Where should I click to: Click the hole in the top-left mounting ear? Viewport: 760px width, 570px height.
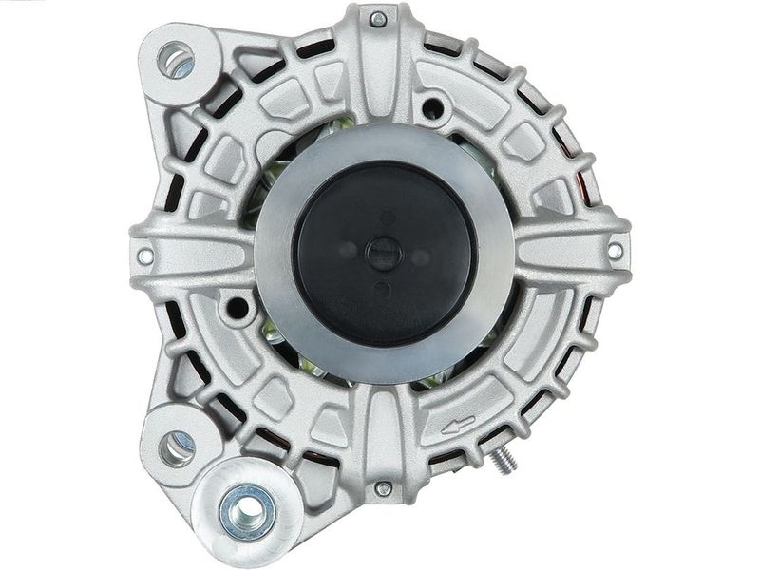[176, 60]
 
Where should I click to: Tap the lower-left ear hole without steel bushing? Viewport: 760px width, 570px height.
[177, 446]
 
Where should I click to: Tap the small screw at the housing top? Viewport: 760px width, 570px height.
[377, 19]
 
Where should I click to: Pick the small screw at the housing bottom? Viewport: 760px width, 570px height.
[382, 488]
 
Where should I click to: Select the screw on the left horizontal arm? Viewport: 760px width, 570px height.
[144, 256]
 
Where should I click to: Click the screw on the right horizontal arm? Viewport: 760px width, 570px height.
[615, 251]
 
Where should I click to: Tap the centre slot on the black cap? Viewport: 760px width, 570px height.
[384, 254]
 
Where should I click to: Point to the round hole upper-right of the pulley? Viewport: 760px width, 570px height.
[433, 107]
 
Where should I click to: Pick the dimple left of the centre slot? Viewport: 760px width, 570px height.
[348, 251]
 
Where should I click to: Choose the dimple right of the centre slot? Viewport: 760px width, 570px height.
[418, 251]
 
